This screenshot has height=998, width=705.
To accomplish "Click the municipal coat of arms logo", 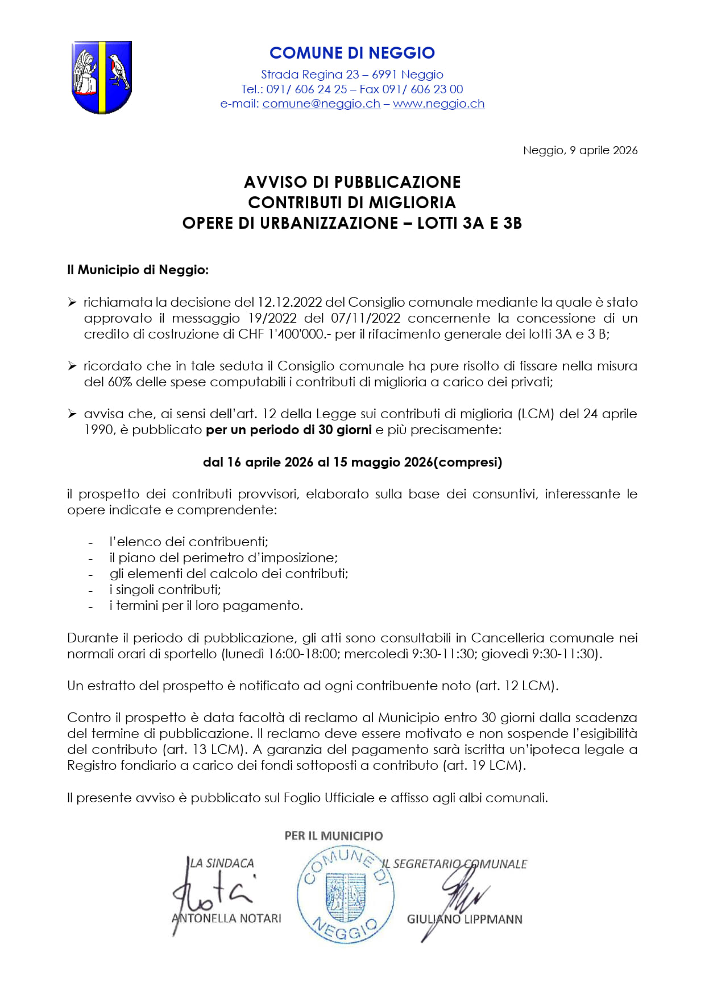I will pyautogui.click(x=102, y=77).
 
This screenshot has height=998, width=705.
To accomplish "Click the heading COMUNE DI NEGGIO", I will pyautogui.click(x=352, y=53).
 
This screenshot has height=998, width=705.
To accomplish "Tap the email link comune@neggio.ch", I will pyautogui.click(x=321, y=104).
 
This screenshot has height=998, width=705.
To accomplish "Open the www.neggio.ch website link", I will pyautogui.click(x=438, y=104).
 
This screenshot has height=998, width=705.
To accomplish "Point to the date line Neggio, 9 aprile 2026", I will pyautogui.click(x=580, y=150).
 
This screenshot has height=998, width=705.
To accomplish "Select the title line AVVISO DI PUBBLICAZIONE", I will pyautogui.click(x=352, y=182).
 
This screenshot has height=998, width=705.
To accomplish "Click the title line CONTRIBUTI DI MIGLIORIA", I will pyautogui.click(x=352, y=203).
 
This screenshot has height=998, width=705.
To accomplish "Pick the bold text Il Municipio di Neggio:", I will pyautogui.click(x=138, y=270).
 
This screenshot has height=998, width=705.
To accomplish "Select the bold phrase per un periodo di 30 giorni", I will pyautogui.click(x=289, y=430).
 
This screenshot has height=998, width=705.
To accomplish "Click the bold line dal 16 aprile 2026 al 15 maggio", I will pyautogui.click(x=352, y=462).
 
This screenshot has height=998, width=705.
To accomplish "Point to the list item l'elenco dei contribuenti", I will pyautogui.click(x=189, y=542).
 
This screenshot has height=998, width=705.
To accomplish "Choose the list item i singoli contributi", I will pyautogui.click(x=165, y=589).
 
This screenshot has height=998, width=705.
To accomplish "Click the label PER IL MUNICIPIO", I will pyautogui.click(x=334, y=836).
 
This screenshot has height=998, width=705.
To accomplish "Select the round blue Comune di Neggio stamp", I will pyautogui.click(x=346, y=896).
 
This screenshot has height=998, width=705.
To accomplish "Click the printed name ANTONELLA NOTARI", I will pyautogui.click(x=226, y=918).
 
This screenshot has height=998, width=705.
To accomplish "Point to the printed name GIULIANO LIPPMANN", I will pyautogui.click(x=465, y=919).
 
